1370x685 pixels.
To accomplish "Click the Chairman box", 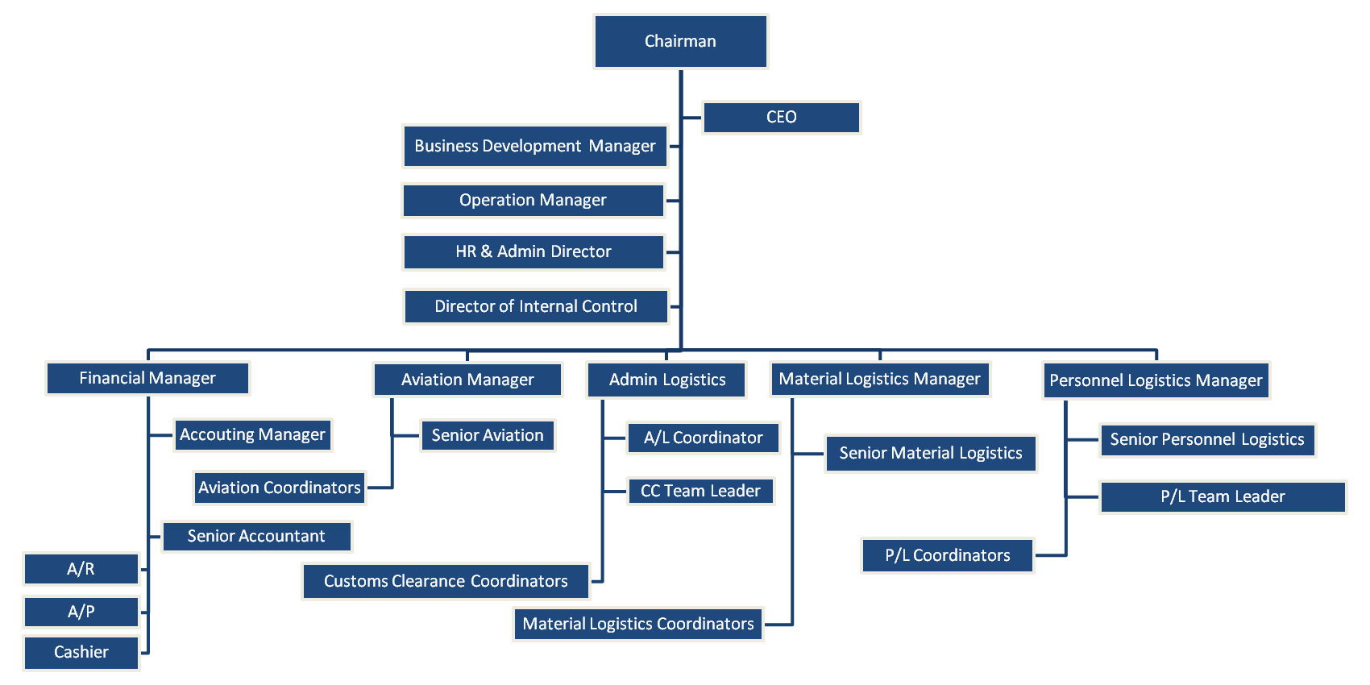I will click(x=680, y=41).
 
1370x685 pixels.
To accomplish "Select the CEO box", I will click(x=781, y=118).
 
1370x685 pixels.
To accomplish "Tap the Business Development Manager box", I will click(x=535, y=146).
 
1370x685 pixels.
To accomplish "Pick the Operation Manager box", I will click(x=533, y=201).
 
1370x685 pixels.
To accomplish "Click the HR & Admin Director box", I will click(x=533, y=252).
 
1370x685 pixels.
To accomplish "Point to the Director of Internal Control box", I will click(x=536, y=306).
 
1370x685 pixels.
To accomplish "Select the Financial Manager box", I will click(x=147, y=378).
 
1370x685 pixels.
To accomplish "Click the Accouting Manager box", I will click(x=252, y=435).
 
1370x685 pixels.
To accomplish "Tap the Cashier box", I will click(x=81, y=653).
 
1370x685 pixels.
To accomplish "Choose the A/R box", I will click(x=81, y=569).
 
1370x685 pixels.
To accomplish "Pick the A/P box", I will click(x=81, y=612).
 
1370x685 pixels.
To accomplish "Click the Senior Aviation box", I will click(x=488, y=435).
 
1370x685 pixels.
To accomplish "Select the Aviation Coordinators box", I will click(x=279, y=488).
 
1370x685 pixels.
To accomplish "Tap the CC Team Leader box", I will click(x=700, y=491).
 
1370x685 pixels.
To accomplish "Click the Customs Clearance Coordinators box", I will click(x=446, y=581).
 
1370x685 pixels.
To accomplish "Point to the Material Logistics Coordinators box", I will click(x=637, y=624).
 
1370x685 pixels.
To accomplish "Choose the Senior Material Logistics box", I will click(x=930, y=453).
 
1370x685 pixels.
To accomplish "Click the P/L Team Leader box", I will click(x=1223, y=496).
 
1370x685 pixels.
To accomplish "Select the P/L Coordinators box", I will click(x=947, y=555).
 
